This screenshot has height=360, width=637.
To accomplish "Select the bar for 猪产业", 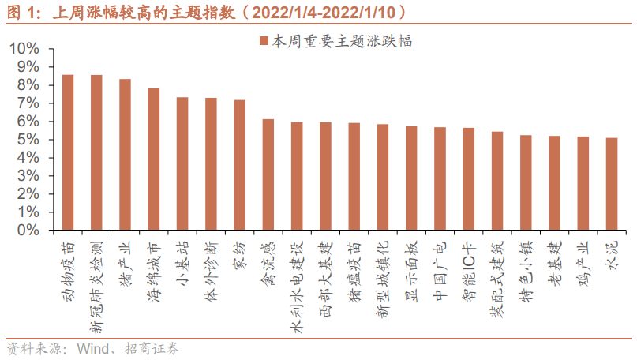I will [x=125, y=155].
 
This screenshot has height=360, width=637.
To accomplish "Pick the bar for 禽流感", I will [x=268, y=174].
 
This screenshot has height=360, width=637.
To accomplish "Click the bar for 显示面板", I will [x=411, y=178].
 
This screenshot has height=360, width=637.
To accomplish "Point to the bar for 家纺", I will [x=239, y=165].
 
